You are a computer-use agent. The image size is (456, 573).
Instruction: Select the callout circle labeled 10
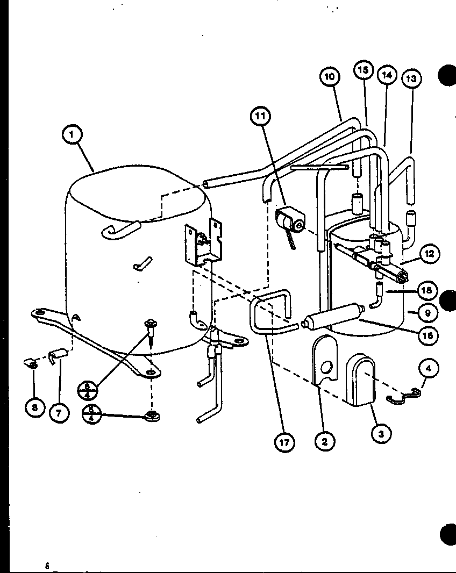330,76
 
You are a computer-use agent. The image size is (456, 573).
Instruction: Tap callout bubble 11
260,116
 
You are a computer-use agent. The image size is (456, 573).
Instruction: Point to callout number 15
363,70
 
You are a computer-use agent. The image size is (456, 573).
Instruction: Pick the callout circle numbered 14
386,75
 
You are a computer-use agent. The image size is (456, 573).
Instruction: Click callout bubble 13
411,78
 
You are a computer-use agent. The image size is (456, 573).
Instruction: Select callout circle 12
429,254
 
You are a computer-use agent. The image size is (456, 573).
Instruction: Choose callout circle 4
428,369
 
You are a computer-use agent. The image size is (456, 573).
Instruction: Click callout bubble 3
381,434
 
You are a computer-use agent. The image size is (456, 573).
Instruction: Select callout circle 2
324,441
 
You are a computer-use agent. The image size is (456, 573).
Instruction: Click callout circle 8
34,408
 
